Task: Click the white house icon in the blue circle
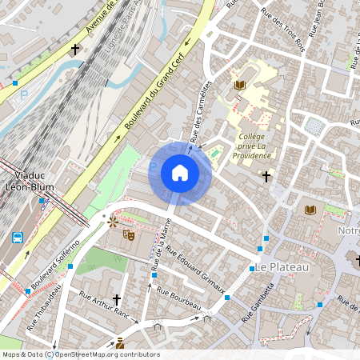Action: coord(180,173)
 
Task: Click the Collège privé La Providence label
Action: coord(256,146)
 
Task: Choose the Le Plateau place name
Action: coord(278,266)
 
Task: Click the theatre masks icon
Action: coord(126,234)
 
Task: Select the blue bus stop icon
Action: coord(18,237)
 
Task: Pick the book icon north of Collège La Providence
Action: coord(240,85)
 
